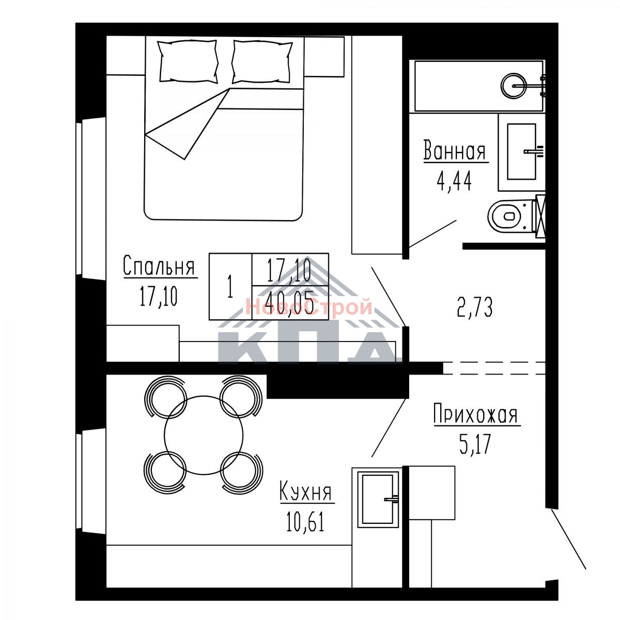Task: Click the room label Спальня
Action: [159, 266]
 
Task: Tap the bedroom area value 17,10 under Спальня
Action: [159, 296]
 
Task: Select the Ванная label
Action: [455, 150]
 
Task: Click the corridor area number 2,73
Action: [475, 307]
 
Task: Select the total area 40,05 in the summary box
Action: [290, 304]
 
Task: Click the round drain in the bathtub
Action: [514, 86]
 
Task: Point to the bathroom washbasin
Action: [521, 151]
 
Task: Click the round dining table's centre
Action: [204, 435]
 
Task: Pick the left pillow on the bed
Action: [187, 61]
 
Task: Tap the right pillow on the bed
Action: [262, 61]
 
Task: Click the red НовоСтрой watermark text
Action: [308, 306]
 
